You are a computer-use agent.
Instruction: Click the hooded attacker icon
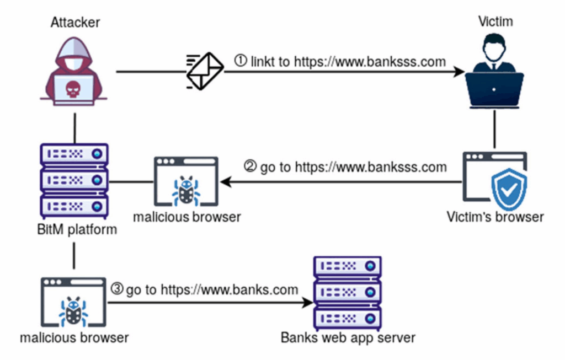(73, 69)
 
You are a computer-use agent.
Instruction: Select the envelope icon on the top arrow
(205, 71)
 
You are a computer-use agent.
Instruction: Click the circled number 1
(241, 61)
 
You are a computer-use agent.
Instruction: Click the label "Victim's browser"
(495, 216)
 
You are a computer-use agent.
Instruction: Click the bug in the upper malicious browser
(186, 191)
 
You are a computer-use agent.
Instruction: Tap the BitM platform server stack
(73, 179)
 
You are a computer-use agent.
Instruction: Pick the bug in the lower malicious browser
(73, 312)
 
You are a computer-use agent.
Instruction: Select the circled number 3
(117, 288)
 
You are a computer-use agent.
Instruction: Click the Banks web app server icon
(347, 292)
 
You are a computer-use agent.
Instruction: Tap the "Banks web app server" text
(348, 337)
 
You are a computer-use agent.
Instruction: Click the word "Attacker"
(76, 22)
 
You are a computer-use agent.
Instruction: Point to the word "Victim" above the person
(495, 22)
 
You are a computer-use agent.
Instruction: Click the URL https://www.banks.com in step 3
(229, 289)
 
